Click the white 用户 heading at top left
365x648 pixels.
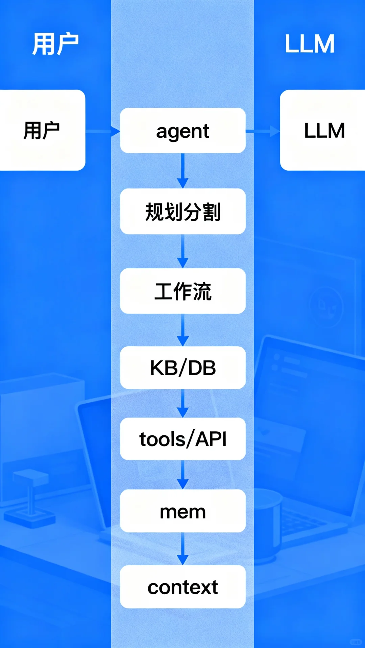click(x=55, y=44)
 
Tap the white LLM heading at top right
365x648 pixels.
click(x=310, y=44)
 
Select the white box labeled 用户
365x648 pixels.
click(x=42, y=130)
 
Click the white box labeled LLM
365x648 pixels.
click(x=323, y=130)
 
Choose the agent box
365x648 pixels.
click(x=183, y=131)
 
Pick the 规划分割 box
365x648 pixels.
click(x=183, y=211)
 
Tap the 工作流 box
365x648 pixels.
click(x=183, y=291)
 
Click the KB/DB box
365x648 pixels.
click(x=183, y=368)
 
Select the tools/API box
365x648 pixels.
click(x=183, y=439)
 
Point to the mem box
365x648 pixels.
click(x=183, y=511)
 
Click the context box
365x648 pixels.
click(x=183, y=587)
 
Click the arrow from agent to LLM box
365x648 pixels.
click(x=263, y=131)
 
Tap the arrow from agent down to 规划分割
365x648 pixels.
click(x=183, y=171)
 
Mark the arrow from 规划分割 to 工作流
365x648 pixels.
click(x=183, y=251)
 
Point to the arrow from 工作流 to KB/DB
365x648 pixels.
click(x=183, y=330)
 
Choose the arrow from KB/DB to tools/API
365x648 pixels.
click(x=183, y=403)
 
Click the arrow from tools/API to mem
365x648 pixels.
click(x=183, y=475)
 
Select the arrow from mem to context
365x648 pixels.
click(x=183, y=549)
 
